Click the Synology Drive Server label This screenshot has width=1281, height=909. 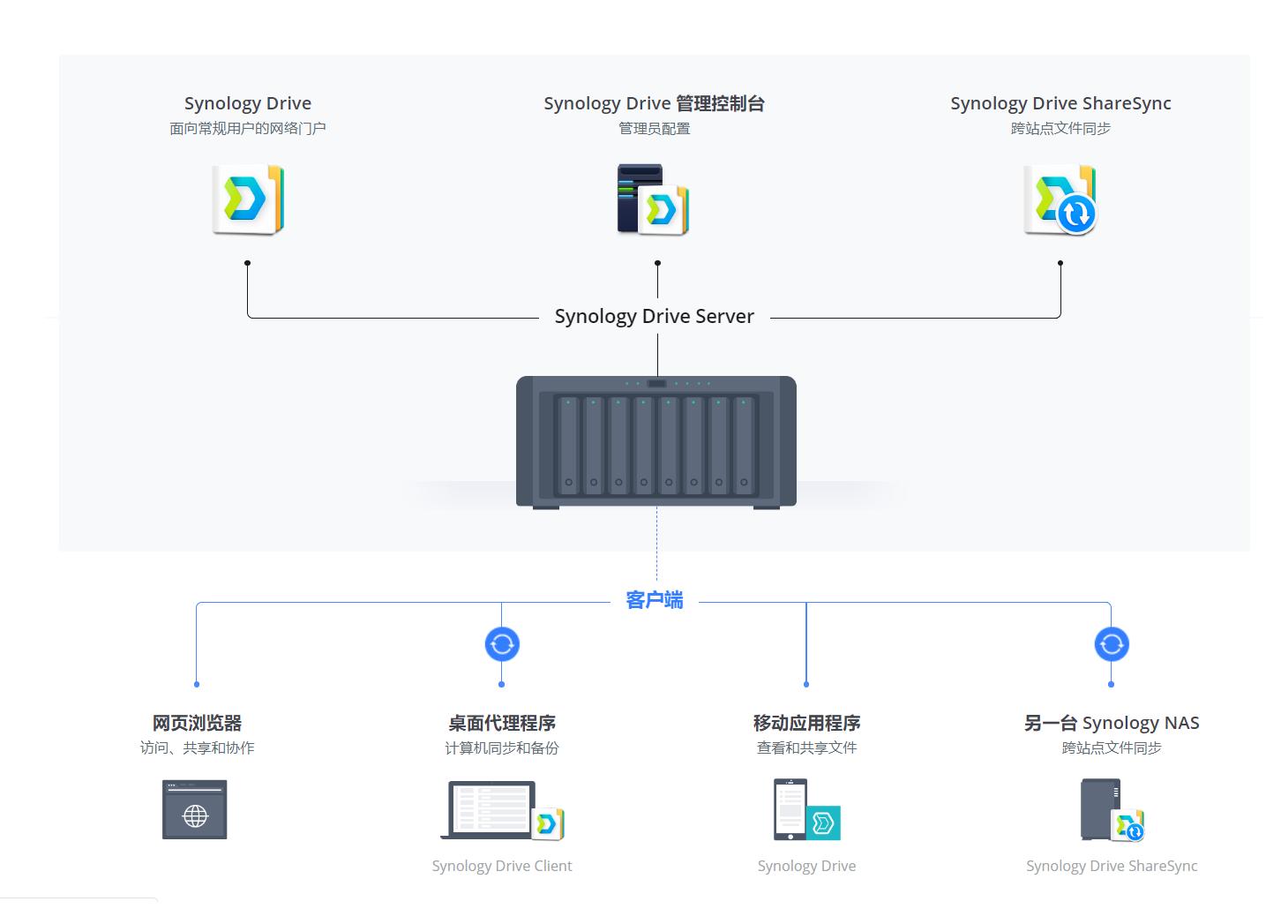click(x=654, y=317)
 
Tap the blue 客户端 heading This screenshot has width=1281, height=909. click(x=654, y=601)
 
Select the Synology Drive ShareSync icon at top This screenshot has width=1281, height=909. click(x=1060, y=199)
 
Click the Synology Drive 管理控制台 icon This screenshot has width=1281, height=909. click(x=653, y=199)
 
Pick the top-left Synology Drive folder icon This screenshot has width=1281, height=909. click(x=248, y=199)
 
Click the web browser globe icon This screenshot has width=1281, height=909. click(x=195, y=810)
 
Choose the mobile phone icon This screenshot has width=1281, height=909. click(x=790, y=809)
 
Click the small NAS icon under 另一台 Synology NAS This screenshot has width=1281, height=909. click(x=1101, y=809)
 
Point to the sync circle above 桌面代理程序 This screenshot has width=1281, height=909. click(x=502, y=644)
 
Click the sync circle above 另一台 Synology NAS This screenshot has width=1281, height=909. click(x=1112, y=644)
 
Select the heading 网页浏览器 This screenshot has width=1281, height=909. click(x=197, y=724)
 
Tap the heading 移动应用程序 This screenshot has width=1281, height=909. click(x=806, y=724)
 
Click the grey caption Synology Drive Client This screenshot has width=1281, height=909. click(x=502, y=867)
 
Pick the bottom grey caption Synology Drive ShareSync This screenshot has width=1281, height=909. click(x=1112, y=867)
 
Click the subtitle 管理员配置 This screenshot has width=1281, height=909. click(x=654, y=129)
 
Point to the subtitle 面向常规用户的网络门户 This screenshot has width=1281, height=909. click(x=248, y=129)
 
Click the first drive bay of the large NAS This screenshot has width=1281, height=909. click(x=569, y=445)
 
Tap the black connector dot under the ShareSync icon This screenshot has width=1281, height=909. click(x=1060, y=263)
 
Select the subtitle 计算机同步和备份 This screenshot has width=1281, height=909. click(x=502, y=748)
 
